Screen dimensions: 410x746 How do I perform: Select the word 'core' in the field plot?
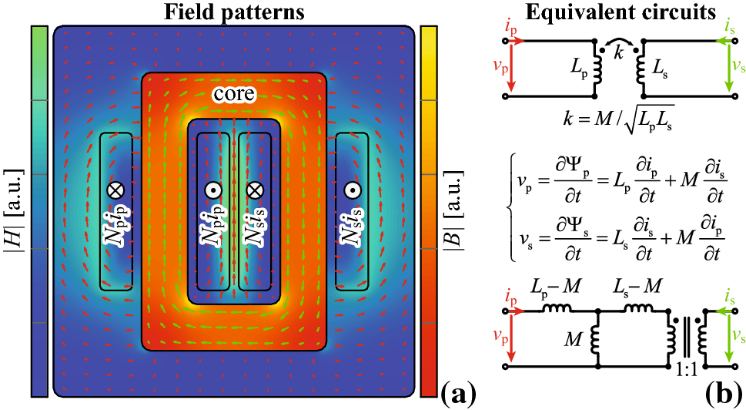tap(234, 95)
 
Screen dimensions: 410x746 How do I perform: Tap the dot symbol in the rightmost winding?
tap(352, 190)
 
